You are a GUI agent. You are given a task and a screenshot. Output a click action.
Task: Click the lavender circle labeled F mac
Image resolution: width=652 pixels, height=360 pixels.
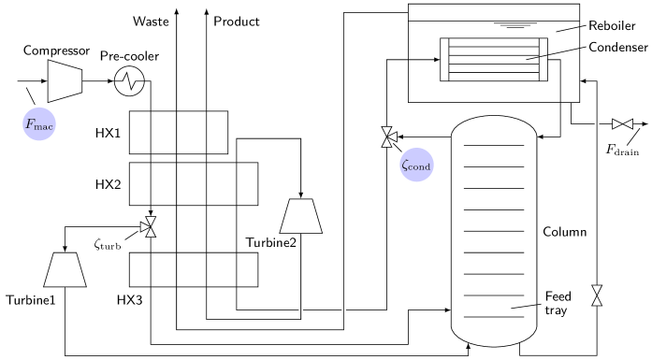39,124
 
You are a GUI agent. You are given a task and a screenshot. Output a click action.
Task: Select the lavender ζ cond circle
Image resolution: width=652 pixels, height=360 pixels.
416,166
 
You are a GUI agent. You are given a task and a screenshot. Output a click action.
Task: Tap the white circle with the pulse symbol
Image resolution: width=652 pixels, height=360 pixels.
129,81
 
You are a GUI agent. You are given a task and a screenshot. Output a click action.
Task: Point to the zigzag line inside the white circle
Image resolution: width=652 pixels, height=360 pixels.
129,81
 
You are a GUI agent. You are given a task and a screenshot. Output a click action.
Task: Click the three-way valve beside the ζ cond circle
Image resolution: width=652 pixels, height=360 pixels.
388,137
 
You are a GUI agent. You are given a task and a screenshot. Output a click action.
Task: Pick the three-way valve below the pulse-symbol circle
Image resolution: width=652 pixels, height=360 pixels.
149,226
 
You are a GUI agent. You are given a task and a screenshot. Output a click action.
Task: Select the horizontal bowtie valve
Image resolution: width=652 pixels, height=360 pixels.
622,123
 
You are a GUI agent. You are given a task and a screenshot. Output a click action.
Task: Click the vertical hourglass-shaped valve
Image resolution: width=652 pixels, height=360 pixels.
597,295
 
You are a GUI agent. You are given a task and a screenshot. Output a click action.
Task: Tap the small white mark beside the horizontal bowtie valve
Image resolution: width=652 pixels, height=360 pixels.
596,123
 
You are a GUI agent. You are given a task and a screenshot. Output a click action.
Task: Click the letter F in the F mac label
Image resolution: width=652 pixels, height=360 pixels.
30,123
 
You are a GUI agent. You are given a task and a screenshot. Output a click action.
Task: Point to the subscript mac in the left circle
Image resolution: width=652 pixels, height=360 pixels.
45,126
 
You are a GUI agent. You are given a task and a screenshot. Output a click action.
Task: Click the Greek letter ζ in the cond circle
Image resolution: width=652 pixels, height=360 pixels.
405,166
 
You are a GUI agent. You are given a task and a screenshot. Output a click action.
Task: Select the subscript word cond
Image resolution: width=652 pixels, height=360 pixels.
421,167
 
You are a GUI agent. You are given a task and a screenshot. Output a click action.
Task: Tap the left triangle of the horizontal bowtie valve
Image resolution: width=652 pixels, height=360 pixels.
617,123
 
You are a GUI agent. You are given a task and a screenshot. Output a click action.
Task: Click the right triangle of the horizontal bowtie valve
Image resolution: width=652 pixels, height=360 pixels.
628,123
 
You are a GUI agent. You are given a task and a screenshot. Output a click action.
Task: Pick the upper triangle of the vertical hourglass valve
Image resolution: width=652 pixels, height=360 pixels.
597,290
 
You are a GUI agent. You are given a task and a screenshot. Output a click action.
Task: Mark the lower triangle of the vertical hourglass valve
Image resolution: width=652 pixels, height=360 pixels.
597,301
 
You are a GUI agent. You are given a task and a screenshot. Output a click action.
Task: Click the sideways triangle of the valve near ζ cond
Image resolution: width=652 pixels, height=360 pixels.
392,137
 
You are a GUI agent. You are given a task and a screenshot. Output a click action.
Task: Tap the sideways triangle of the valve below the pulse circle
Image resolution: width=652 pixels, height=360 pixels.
145,226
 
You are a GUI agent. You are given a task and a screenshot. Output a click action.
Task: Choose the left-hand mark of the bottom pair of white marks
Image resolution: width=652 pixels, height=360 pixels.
300,310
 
